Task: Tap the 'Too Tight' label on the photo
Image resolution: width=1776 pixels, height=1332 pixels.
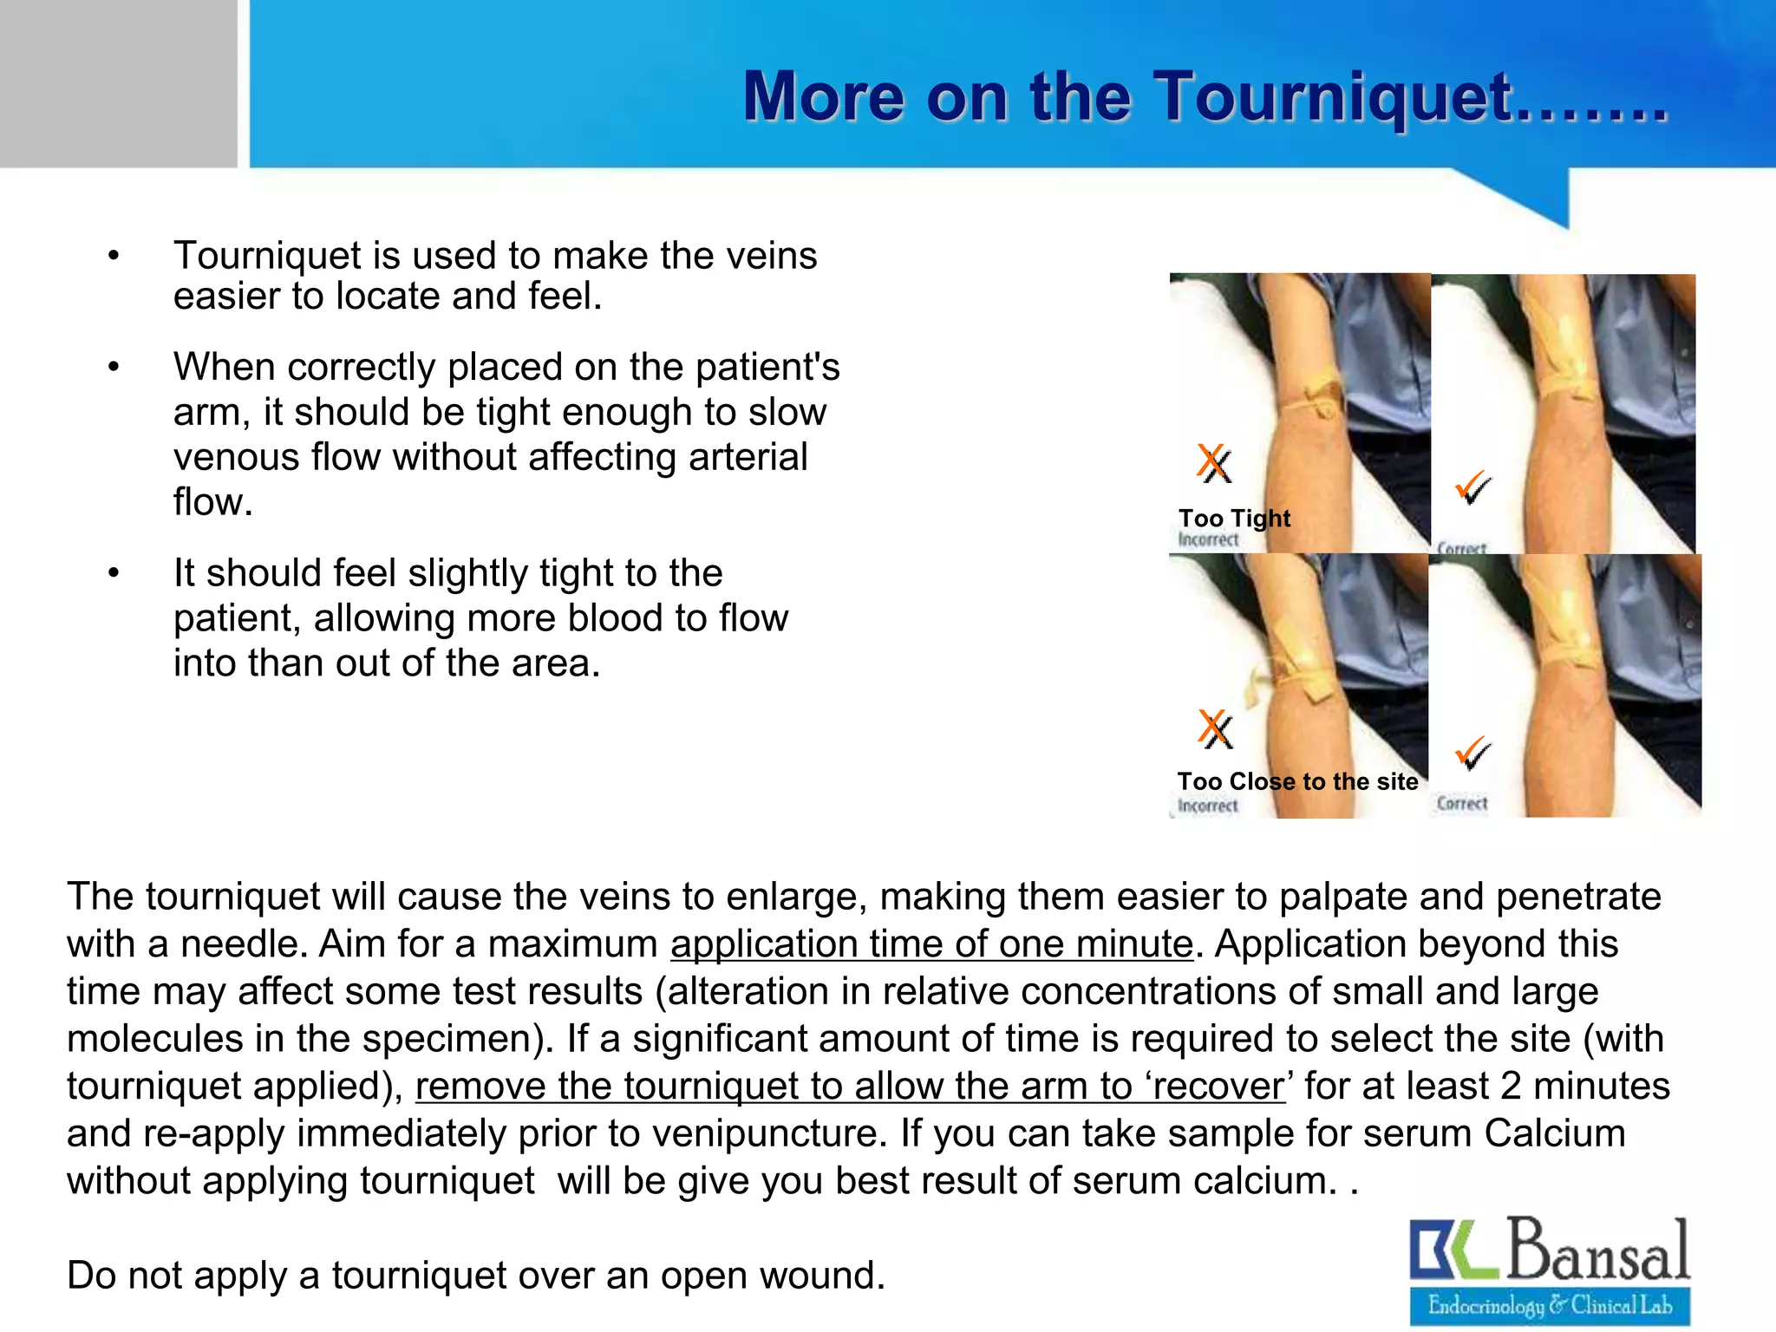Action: coord(1234,518)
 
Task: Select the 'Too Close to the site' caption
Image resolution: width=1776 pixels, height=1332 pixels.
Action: coord(1297,781)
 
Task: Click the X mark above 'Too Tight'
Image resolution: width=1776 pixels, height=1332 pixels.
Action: coord(1214,463)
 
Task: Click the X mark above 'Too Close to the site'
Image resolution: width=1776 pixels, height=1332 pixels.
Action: coord(1215,728)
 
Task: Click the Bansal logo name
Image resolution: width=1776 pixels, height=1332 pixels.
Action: coord(1598,1250)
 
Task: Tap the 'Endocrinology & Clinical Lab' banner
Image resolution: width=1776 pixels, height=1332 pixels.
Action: coord(1550,1305)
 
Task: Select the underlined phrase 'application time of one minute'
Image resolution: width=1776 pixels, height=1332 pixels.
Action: coord(931,943)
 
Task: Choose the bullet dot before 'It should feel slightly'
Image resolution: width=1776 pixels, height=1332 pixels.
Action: coord(113,573)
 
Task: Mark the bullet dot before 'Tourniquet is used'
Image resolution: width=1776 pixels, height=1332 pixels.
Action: coord(113,256)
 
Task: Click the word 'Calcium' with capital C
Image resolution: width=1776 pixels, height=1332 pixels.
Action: coord(1554,1133)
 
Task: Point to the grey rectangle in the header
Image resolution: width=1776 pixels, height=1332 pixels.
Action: coord(118,83)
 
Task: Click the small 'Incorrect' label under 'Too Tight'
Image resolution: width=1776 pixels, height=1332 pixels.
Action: coord(1208,539)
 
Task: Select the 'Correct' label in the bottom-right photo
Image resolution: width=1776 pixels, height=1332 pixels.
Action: coord(1461,803)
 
